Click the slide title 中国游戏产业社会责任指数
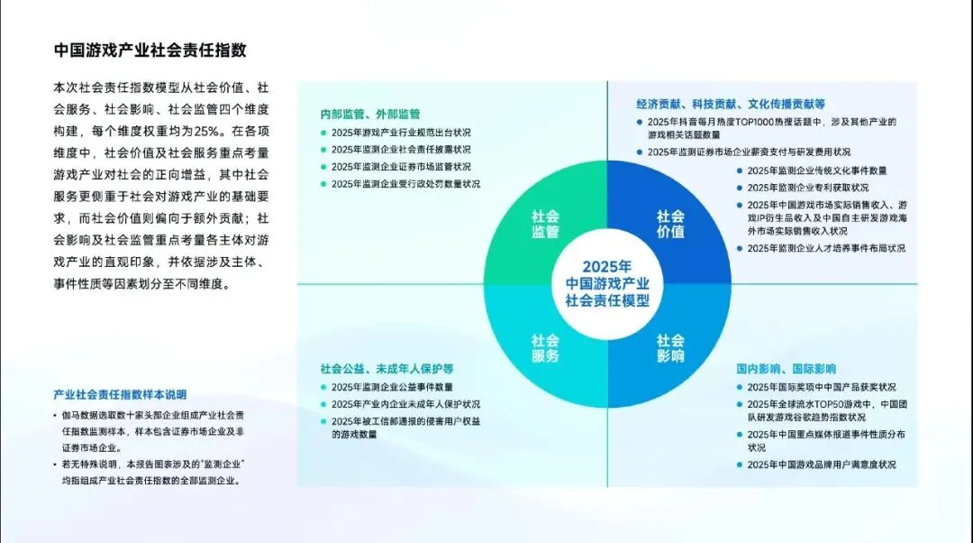150,49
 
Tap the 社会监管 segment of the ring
545,224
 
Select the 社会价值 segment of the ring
670,224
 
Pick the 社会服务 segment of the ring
545,348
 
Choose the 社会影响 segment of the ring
670,348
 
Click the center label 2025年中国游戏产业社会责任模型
607,283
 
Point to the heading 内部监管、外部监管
370,115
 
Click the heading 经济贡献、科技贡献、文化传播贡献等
730,104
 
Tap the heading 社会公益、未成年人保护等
386,369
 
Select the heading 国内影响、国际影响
786,369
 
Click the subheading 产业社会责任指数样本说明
120,395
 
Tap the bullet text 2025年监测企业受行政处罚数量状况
405,184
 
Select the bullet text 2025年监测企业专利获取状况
808,188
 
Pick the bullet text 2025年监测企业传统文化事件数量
817,170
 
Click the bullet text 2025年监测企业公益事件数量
392,387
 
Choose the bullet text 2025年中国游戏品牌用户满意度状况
822,465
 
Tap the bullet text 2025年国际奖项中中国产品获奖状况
822,387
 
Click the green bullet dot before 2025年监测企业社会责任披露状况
323,150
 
